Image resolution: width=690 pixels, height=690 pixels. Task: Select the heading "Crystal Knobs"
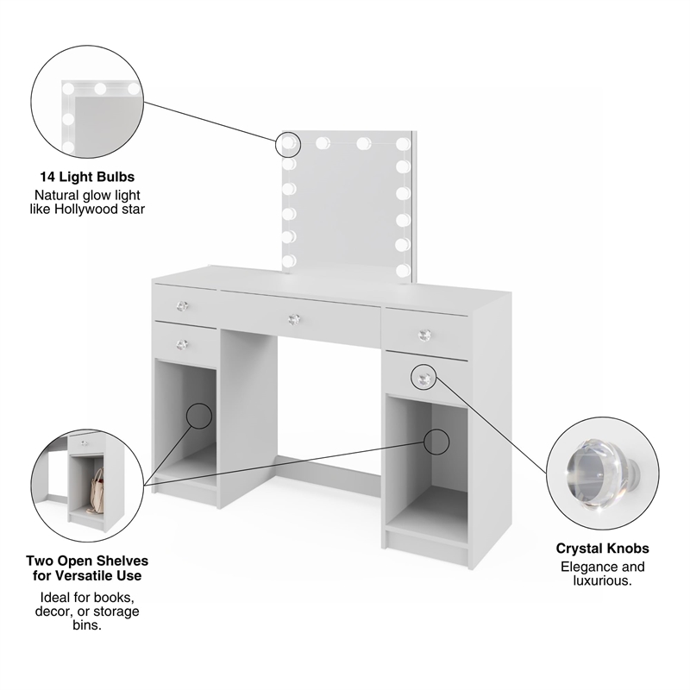(x=602, y=549)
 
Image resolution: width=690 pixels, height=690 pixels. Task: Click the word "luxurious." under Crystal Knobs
(x=602, y=582)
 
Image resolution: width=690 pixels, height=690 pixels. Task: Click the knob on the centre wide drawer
(x=293, y=319)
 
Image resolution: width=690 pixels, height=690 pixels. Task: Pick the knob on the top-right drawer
(x=423, y=334)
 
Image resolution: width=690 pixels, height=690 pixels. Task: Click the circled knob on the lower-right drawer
(x=423, y=378)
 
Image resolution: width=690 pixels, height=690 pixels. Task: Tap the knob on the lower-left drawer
(x=182, y=344)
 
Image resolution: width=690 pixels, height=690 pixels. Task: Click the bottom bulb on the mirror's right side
(x=403, y=269)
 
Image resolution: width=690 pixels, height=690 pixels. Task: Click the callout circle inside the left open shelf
(x=199, y=416)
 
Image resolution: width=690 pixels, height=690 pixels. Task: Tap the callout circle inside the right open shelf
(x=437, y=441)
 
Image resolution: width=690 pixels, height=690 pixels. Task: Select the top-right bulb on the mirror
(x=402, y=143)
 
